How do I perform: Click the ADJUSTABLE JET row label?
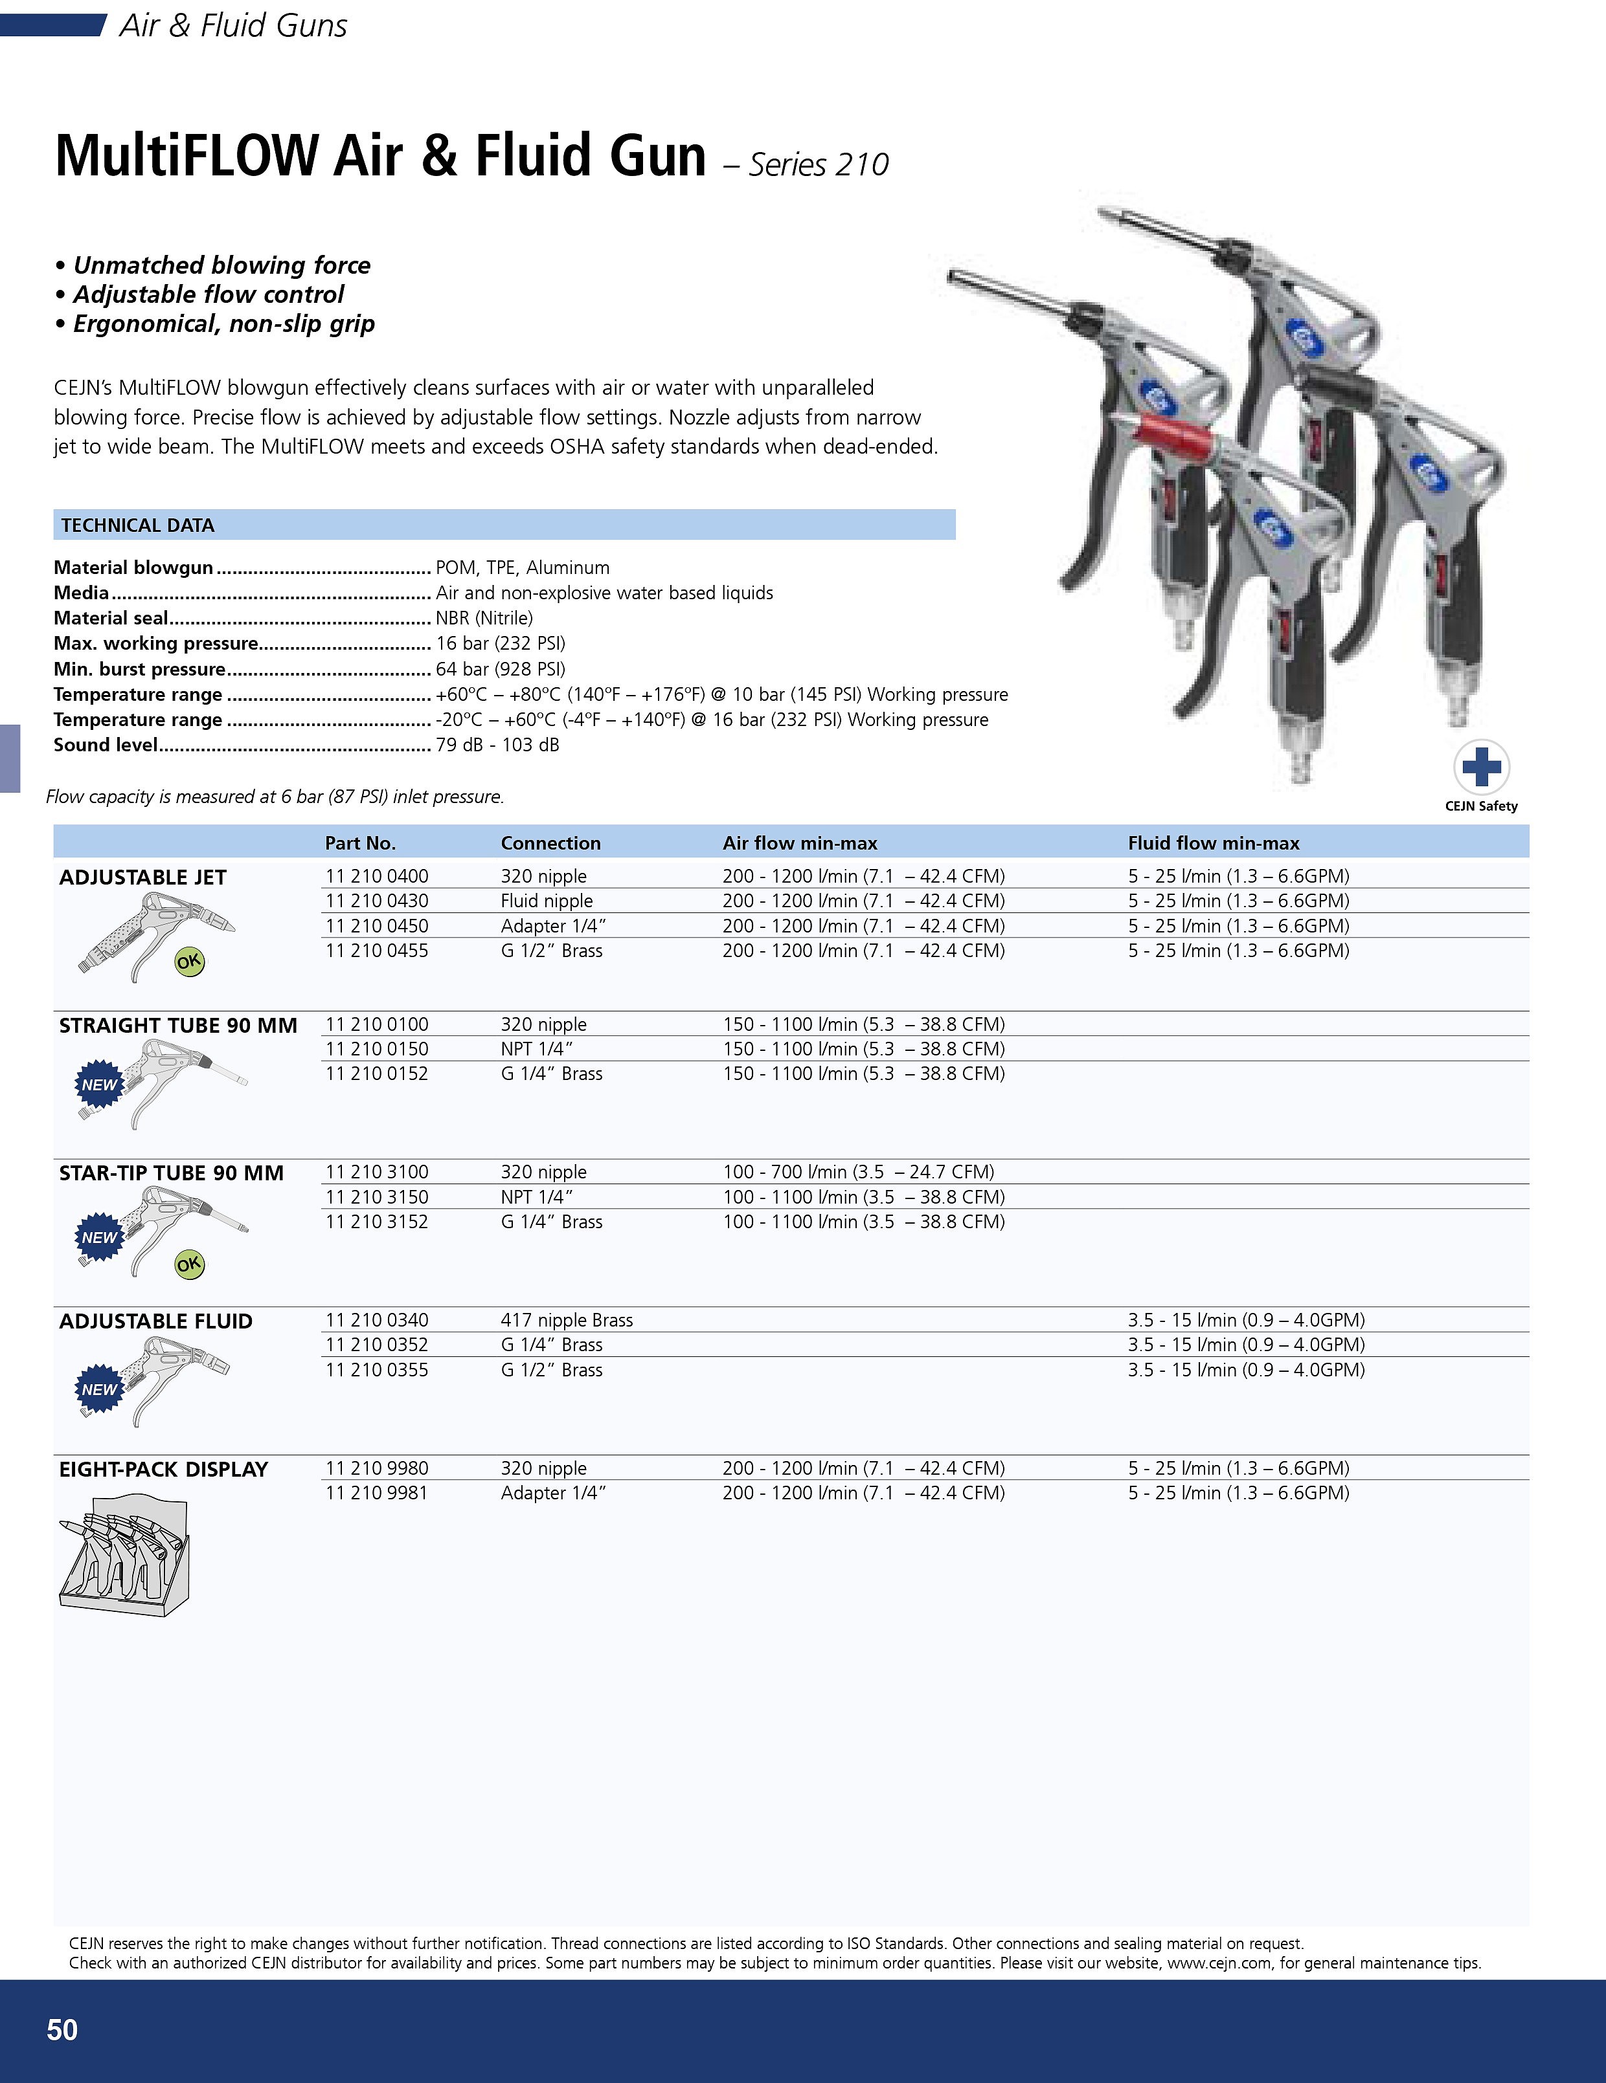(143, 877)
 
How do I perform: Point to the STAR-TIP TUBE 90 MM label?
(172, 1173)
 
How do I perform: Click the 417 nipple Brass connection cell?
(567, 1320)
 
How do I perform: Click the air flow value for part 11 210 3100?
(858, 1171)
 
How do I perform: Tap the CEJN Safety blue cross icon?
(1481, 767)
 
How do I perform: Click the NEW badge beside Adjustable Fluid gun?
(99, 1389)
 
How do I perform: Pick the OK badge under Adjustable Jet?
(189, 962)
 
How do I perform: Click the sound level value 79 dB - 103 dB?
(497, 745)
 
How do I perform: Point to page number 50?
(63, 2029)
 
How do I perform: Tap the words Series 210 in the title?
(818, 165)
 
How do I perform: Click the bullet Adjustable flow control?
(208, 294)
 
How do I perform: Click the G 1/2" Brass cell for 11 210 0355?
(552, 1370)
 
